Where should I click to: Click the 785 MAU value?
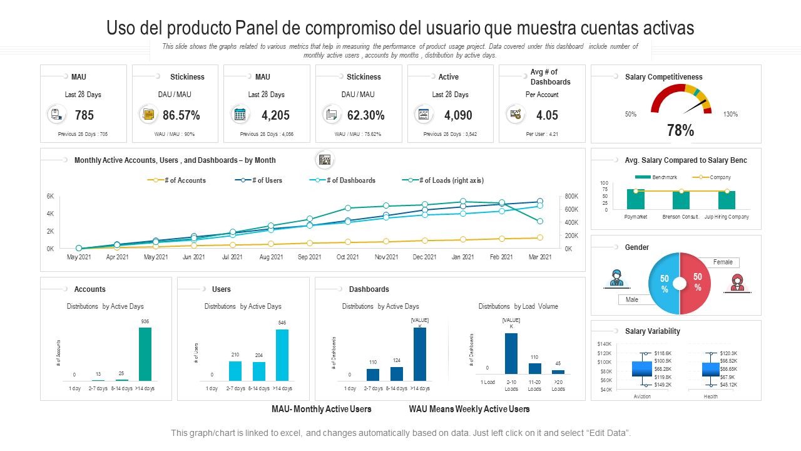(84, 115)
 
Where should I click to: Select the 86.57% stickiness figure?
(181, 115)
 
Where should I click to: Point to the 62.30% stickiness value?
(365, 115)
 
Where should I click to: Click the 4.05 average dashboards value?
(547, 115)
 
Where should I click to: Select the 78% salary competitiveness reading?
(680, 130)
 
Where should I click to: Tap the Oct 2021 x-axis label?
(348, 257)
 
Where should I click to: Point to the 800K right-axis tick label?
(571, 197)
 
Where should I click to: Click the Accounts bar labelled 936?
(145, 354)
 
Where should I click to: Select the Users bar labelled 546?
(282, 355)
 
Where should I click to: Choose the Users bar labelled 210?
(235, 371)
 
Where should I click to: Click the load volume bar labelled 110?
(534, 368)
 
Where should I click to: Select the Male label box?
(632, 299)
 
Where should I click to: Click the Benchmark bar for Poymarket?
(636, 199)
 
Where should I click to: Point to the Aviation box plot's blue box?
(641, 368)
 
